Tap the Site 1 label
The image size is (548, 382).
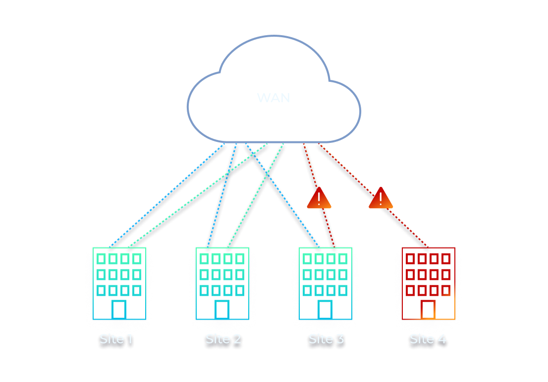(116, 339)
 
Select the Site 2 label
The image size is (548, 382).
(223, 339)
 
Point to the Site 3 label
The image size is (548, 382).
(326, 339)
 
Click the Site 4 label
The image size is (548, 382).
(428, 339)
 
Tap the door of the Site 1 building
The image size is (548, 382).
(119, 309)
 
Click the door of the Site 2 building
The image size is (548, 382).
(222, 309)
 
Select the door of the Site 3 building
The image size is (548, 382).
(325, 309)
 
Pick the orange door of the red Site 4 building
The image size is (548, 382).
(428, 309)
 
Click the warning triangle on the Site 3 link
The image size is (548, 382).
(319, 198)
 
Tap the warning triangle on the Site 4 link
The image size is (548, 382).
(381, 198)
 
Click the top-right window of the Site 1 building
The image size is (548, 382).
(137, 258)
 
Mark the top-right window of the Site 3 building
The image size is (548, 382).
(343, 258)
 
